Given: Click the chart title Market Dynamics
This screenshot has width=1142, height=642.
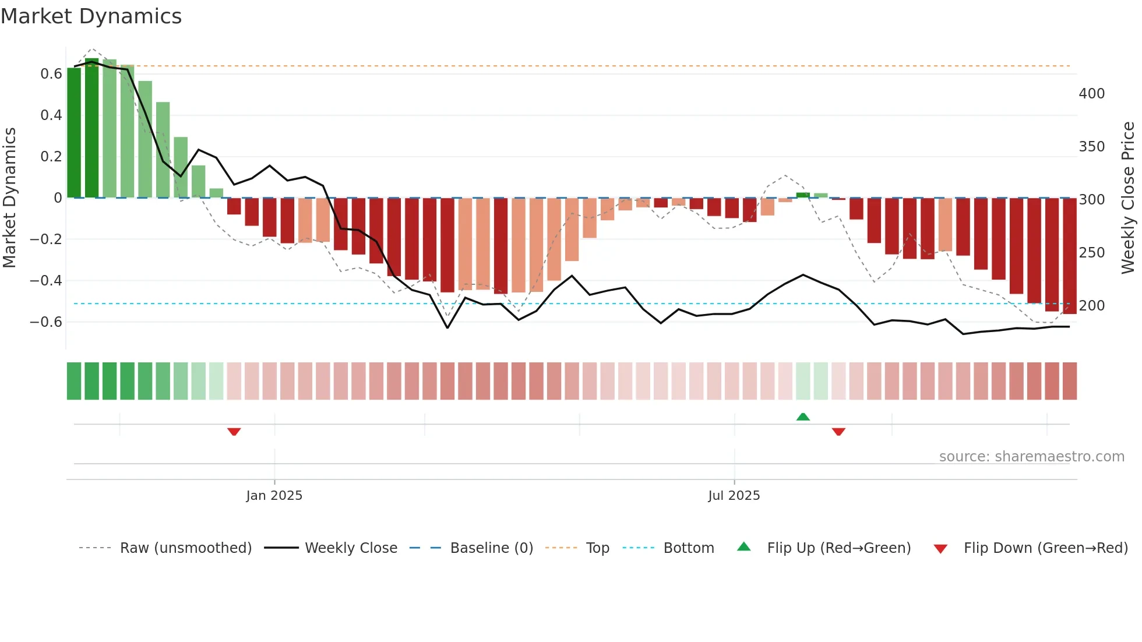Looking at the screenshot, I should click(x=91, y=16).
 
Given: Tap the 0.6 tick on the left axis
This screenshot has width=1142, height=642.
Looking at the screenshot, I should click(x=51, y=74).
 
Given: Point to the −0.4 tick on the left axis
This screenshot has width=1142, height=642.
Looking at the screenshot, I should click(x=46, y=281).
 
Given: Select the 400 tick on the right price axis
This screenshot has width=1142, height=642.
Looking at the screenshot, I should click(x=1091, y=94).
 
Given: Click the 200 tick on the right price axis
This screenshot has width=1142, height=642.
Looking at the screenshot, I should click(x=1091, y=306).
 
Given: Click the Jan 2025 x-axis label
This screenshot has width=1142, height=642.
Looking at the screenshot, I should click(x=274, y=496).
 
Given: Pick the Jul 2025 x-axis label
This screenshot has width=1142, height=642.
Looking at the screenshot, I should click(x=734, y=496).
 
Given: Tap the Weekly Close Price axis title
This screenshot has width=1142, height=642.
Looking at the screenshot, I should click(x=1128, y=198).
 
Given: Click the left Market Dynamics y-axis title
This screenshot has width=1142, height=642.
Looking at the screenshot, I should click(x=9, y=198).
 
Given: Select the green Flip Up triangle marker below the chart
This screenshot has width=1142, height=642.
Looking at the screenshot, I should click(x=803, y=417).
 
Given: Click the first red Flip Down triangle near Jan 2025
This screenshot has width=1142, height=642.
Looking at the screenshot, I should click(x=234, y=432).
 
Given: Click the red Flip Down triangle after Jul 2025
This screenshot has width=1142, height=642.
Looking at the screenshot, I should click(x=838, y=432).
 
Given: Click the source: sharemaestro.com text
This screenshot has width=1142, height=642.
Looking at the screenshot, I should click(x=1031, y=457).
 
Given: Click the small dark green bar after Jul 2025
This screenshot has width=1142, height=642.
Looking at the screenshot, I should click(x=803, y=195).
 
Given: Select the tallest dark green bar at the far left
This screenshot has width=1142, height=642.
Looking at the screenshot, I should click(x=92, y=128).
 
